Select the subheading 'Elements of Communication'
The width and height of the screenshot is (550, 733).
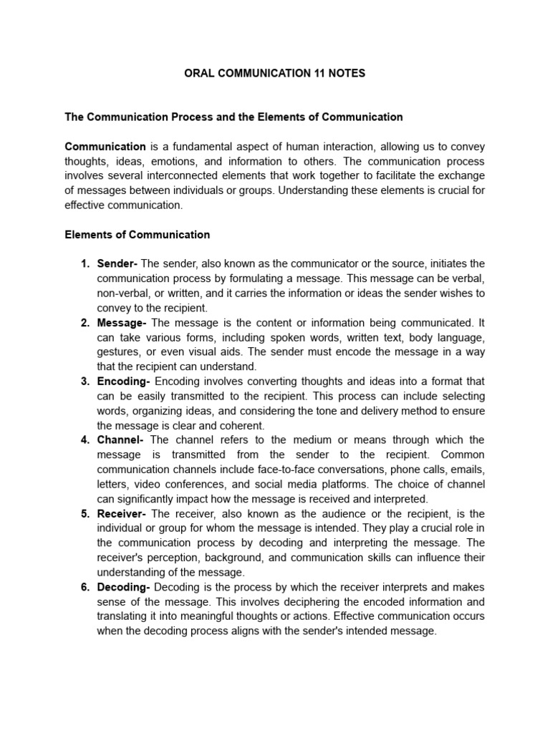coord(137,234)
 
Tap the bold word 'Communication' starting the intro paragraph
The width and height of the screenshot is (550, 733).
coord(105,147)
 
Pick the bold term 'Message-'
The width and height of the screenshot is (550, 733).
coord(122,322)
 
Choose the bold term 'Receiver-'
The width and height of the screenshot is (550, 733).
coord(122,514)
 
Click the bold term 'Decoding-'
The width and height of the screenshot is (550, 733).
coord(124,587)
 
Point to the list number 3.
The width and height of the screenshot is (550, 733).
coord(85,381)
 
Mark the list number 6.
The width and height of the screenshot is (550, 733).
coord(85,587)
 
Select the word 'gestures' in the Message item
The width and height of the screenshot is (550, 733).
coord(117,351)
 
